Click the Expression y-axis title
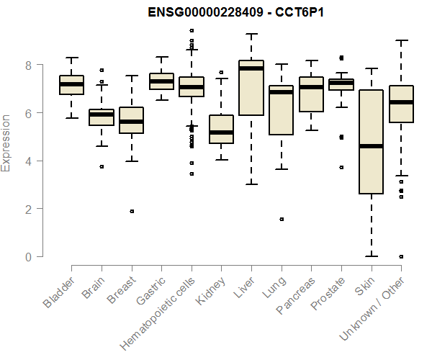pos(6,143)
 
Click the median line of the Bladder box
pos(72,84)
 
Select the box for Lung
pos(281,110)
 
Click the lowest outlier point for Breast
pos(132,212)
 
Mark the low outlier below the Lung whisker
pos(281,219)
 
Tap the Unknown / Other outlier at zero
pos(401,256)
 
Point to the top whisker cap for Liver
pos(251,34)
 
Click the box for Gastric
pos(161,81)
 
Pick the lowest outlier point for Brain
pos(102,166)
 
